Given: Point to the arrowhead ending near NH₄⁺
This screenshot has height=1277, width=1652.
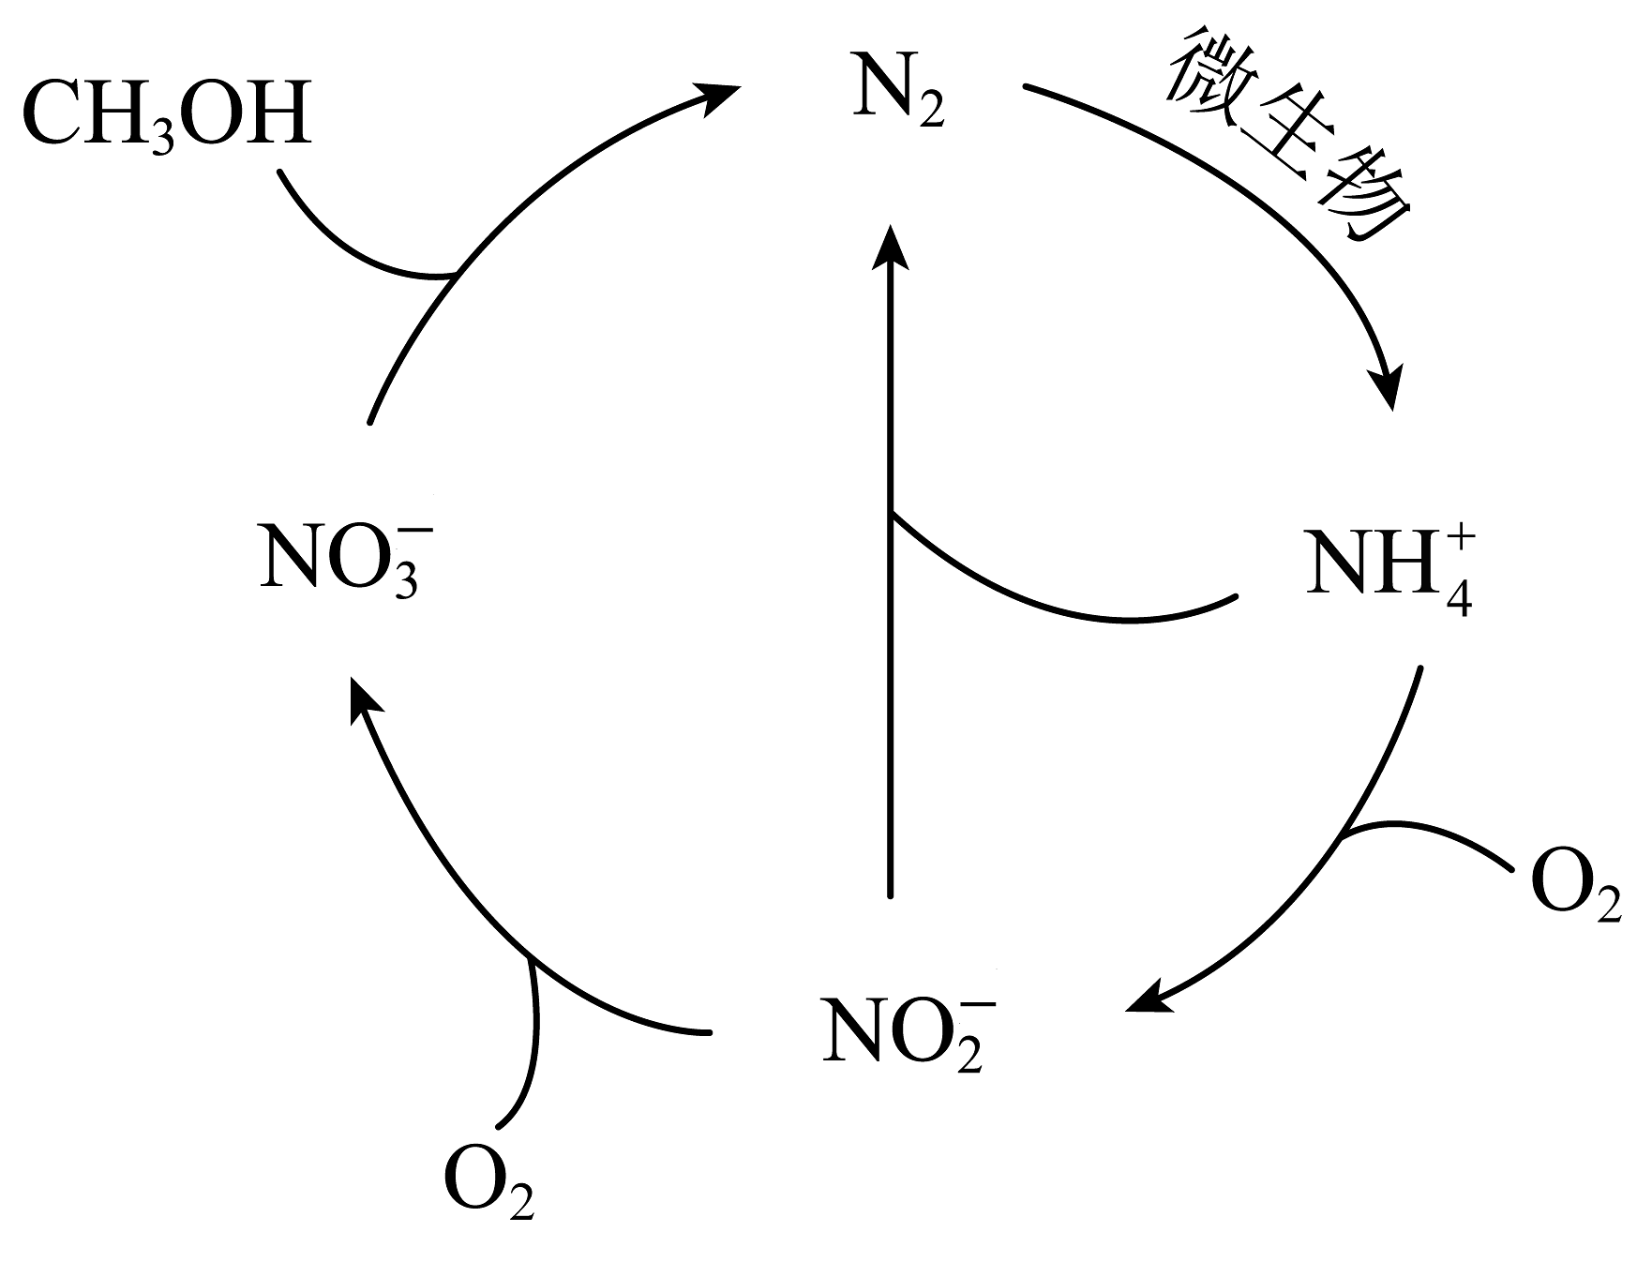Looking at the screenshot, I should pos(1388,384).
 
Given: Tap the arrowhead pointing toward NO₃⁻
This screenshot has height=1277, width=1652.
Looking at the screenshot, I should pos(364,703).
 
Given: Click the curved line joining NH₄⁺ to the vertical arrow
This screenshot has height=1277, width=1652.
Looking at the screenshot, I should pos(1059,600).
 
